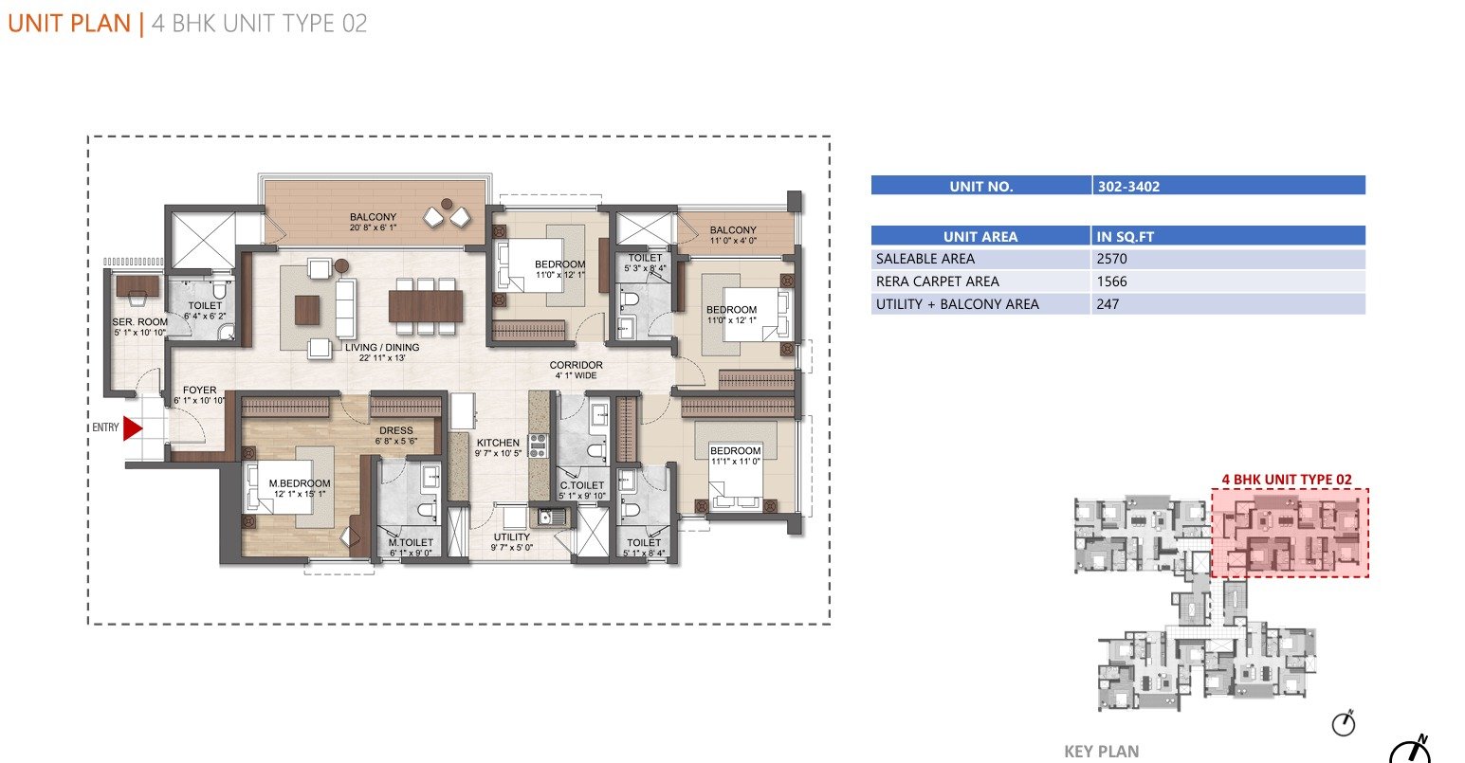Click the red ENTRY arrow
click(x=133, y=429)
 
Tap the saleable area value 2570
click(x=1112, y=259)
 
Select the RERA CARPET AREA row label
click(x=937, y=282)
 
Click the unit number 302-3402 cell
click(x=1128, y=187)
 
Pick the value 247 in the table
click(x=1108, y=304)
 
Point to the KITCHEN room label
click(x=498, y=443)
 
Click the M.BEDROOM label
click(x=300, y=483)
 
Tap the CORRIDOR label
click(x=577, y=365)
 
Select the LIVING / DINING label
click(x=382, y=347)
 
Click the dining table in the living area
click(x=425, y=306)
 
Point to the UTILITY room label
click(x=511, y=536)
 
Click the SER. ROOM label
click(x=140, y=321)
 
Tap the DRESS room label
click(x=396, y=430)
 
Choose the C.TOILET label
click(x=582, y=485)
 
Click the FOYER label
click(x=199, y=390)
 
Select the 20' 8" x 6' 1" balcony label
click(x=373, y=227)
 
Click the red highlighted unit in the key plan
click(x=1290, y=533)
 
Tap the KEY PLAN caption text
click(x=1102, y=752)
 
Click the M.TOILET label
click(x=411, y=542)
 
